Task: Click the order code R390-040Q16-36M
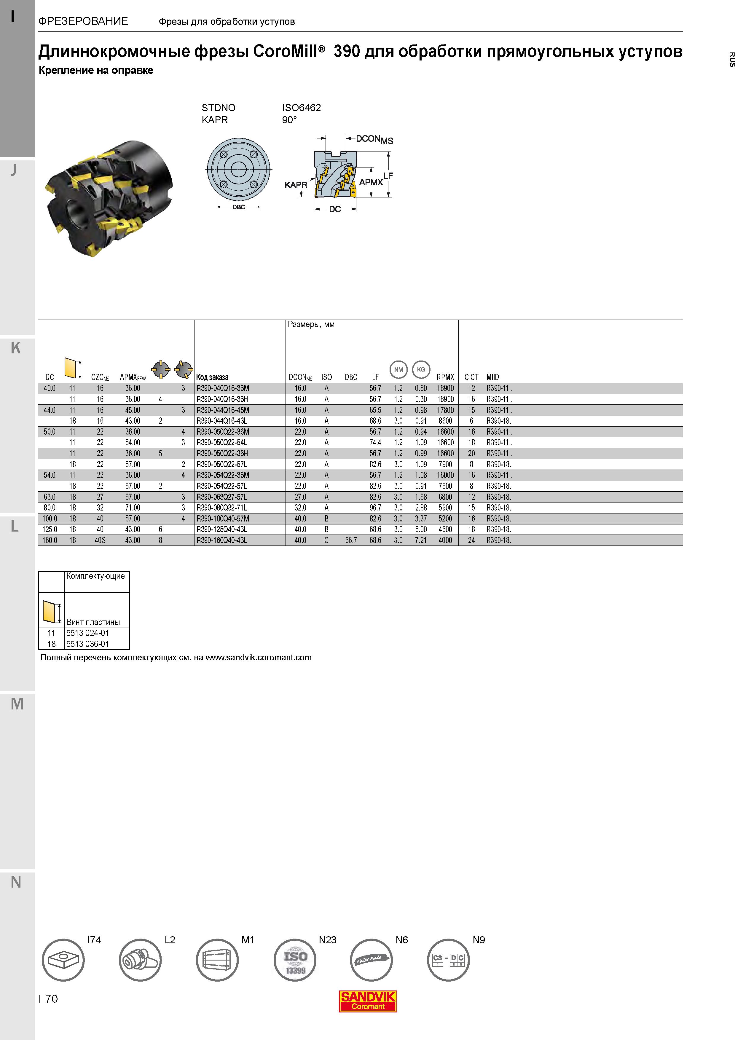(x=223, y=388)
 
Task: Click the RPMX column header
(x=445, y=377)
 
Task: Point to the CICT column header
(x=471, y=377)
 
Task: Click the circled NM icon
(x=398, y=370)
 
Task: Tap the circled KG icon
(x=421, y=370)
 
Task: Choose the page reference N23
(x=327, y=940)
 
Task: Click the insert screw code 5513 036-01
(x=88, y=644)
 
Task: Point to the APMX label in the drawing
(x=371, y=182)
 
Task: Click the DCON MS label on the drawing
(x=374, y=140)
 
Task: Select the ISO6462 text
(x=302, y=108)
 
